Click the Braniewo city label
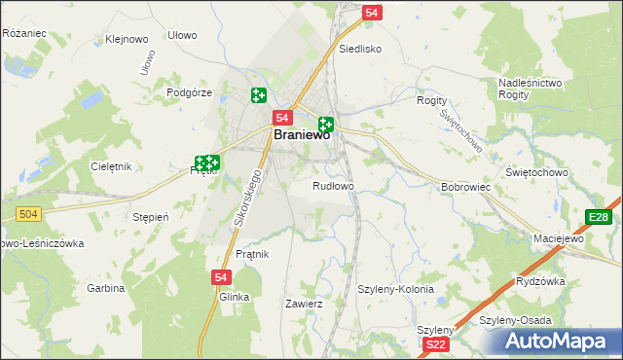click(301, 136)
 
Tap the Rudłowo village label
click(333, 185)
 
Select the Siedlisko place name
click(359, 48)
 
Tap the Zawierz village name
click(303, 304)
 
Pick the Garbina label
click(106, 288)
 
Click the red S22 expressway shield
click(437, 344)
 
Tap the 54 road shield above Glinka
click(220, 277)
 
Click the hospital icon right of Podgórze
click(258, 95)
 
